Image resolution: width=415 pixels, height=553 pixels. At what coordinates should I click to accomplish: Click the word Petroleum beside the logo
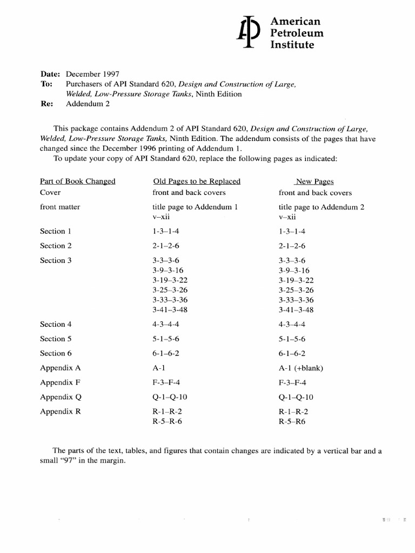point(297,33)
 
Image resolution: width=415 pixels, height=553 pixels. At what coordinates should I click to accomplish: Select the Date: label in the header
point(52,74)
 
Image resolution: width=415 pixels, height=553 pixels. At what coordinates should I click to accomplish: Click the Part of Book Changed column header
point(77,181)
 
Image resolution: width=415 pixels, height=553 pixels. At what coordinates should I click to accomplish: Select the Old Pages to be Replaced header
point(197,181)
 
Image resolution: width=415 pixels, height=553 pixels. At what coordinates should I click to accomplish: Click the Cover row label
point(50,192)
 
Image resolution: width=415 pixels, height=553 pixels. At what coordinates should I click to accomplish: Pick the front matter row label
point(60,207)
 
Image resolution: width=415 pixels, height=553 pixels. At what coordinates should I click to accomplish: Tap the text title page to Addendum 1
point(195,207)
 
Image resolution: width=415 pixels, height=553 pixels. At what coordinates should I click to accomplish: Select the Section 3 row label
point(56,260)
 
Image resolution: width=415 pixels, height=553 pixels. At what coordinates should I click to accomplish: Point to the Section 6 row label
point(56,353)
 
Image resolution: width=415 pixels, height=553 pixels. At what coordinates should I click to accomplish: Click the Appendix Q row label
point(61,397)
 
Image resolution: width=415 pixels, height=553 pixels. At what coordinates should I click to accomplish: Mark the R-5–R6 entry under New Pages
point(292,421)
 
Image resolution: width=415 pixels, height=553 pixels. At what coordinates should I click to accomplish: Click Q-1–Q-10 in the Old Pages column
point(170,397)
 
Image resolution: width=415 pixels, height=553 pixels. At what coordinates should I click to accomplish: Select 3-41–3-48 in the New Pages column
point(296,309)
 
